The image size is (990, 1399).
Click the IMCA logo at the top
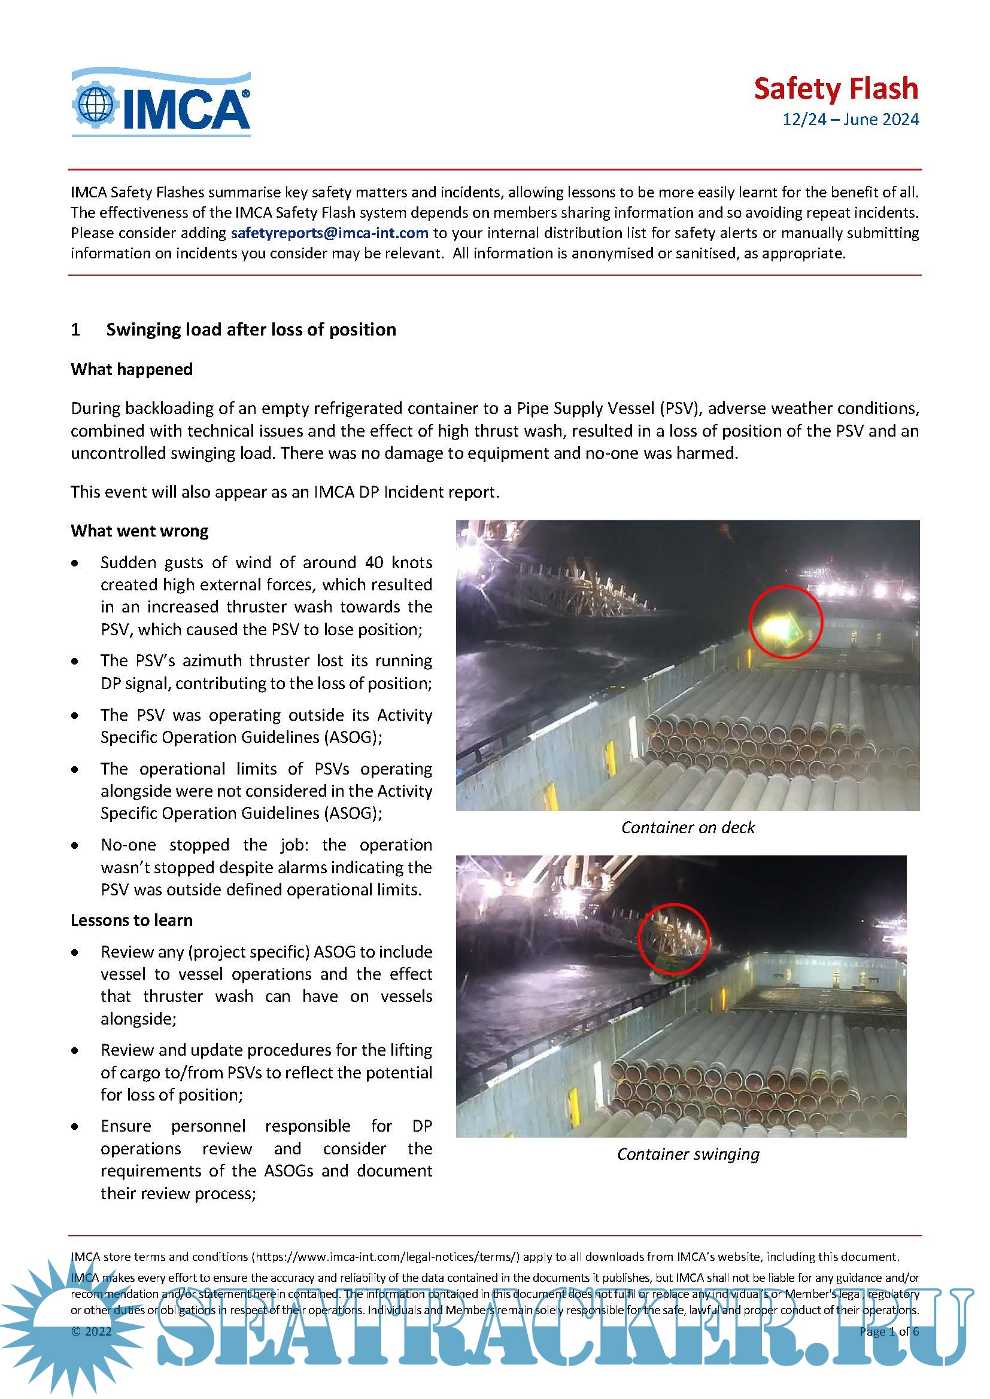(x=161, y=102)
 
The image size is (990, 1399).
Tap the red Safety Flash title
(x=835, y=89)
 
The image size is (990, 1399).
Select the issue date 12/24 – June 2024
(x=851, y=120)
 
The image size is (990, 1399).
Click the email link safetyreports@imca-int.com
(x=329, y=233)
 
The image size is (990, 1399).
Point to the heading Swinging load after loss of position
(x=251, y=330)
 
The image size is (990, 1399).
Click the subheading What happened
(x=132, y=369)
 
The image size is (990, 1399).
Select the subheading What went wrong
(x=139, y=531)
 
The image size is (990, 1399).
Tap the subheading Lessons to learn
(x=132, y=920)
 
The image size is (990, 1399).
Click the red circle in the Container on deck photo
(x=786, y=622)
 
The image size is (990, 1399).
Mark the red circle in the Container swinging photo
(x=673, y=939)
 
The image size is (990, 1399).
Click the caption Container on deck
(x=688, y=827)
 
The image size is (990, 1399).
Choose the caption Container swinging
(x=688, y=1154)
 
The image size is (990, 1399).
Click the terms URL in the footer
(x=388, y=1257)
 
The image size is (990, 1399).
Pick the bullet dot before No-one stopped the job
(x=75, y=846)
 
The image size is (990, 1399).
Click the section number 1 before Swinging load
(x=75, y=330)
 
